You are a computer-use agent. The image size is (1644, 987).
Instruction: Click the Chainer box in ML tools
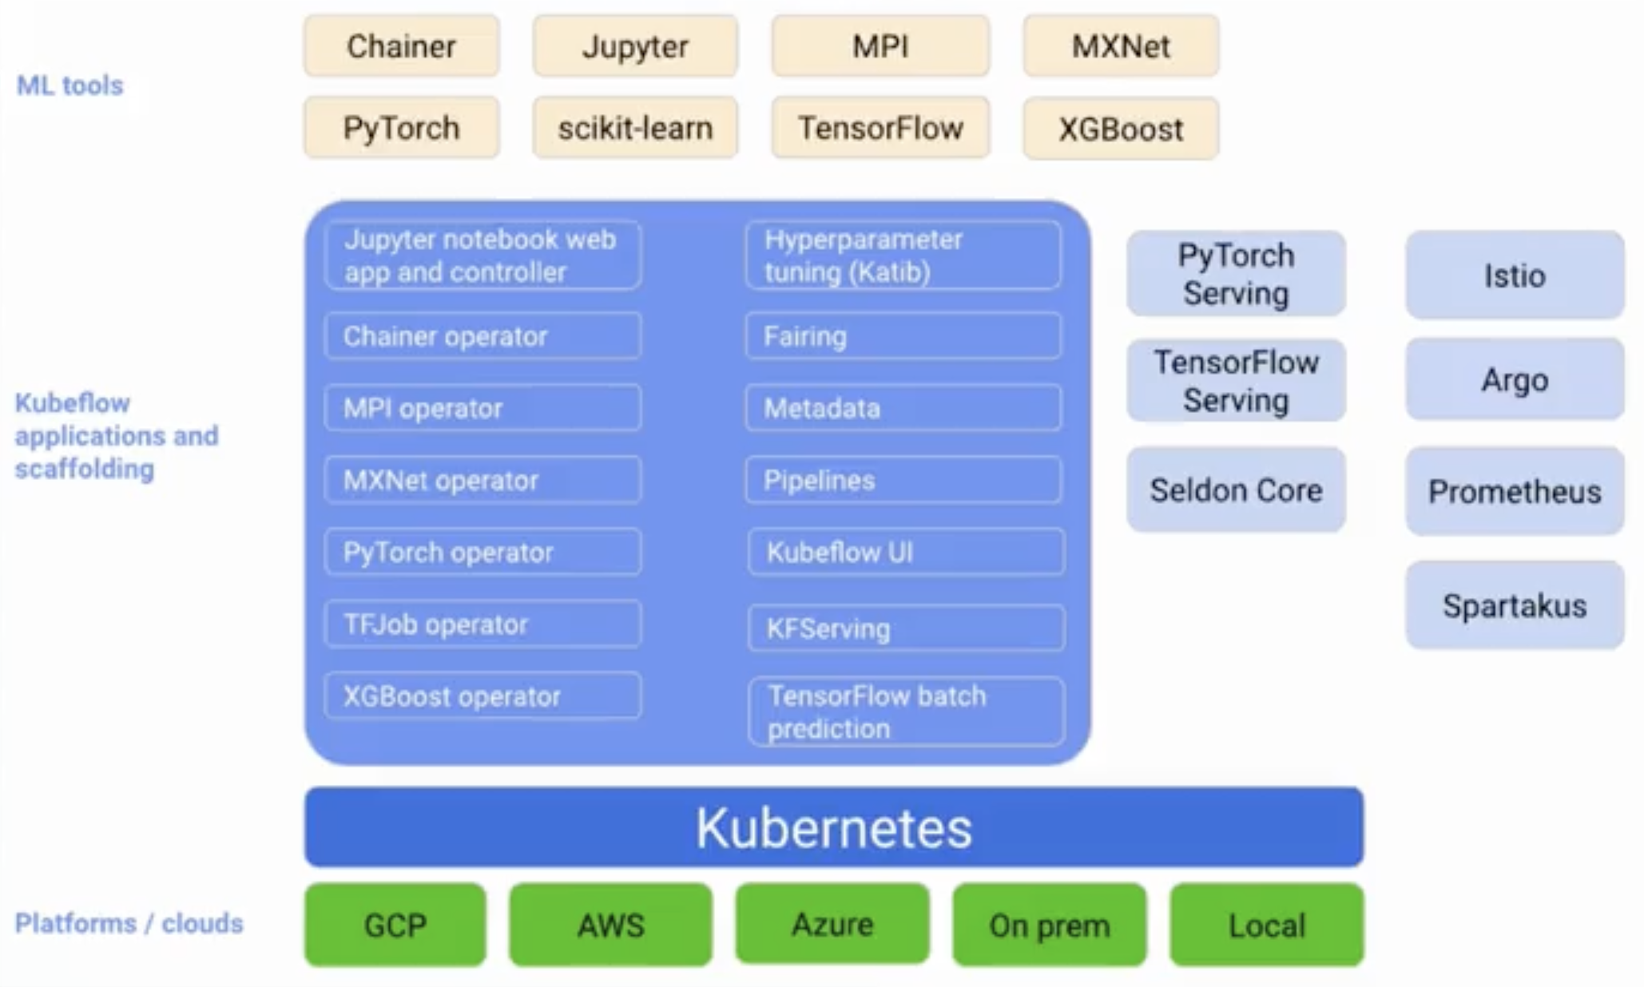tap(402, 46)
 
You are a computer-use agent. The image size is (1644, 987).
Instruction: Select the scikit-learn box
tap(635, 128)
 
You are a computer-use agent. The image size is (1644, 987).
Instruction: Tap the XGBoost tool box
tap(1121, 129)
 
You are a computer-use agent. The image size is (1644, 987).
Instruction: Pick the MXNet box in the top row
tap(1121, 46)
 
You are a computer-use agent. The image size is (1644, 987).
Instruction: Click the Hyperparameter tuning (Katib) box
tap(903, 256)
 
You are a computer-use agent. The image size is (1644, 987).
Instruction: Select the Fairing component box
tap(903, 336)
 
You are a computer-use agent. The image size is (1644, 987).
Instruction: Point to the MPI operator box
tap(482, 408)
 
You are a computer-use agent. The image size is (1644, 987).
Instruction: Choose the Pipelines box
tap(903, 480)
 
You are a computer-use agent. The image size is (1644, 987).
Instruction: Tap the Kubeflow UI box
tap(906, 552)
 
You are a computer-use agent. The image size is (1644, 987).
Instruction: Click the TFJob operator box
tap(482, 624)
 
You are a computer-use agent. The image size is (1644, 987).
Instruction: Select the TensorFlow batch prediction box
tap(906, 712)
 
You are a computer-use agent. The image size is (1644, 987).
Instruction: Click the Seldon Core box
tap(1236, 490)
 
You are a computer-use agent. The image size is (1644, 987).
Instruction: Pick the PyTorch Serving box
tap(1236, 274)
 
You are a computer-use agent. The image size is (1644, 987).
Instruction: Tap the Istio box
tap(1515, 275)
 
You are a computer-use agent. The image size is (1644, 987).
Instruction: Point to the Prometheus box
tap(1515, 491)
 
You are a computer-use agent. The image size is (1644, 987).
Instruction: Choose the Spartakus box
tap(1515, 605)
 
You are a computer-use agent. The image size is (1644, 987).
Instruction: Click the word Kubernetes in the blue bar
tap(834, 827)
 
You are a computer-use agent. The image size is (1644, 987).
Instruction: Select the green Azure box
tap(832, 924)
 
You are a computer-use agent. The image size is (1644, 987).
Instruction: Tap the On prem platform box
tap(1050, 925)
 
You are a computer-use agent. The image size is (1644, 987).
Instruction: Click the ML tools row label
tap(70, 85)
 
